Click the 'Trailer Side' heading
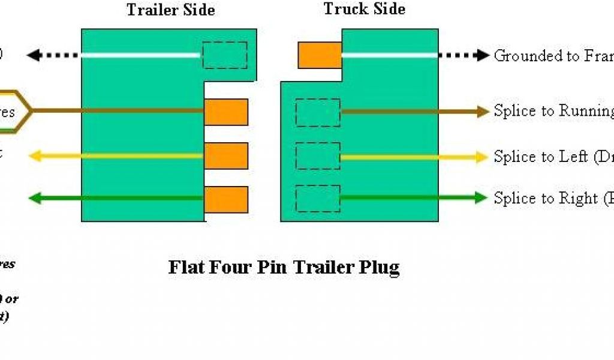[x=170, y=10]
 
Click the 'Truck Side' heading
[x=364, y=9]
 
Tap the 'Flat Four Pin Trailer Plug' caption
[x=284, y=266]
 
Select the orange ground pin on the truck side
[x=320, y=55]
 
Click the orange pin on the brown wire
[x=226, y=112]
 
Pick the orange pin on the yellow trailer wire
[x=226, y=156]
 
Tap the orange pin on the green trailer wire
[x=226, y=199]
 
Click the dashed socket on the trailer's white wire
[x=224, y=55]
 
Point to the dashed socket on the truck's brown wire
[x=318, y=112]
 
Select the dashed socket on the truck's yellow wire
[x=318, y=156]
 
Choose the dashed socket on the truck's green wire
[x=318, y=199]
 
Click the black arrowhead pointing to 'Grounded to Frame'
[x=483, y=55]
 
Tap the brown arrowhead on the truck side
[x=483, y=112]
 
